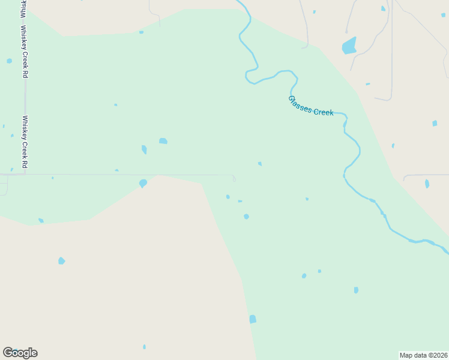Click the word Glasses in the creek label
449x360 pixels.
[x=300, y=104]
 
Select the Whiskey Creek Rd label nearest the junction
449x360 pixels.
[x=25, y=142]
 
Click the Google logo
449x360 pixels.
[x=20, y=353]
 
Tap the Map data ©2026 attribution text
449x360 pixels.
[x=424, y=355]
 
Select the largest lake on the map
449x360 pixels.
[x=349, y=46]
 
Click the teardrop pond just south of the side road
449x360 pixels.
[x=143, y=183]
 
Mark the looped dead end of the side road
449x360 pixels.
[x=234, y=178]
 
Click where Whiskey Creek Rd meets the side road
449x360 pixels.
[x=25, y=175]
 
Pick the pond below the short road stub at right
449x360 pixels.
[x=427, y=184]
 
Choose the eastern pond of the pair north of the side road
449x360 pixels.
[x=163, y=141]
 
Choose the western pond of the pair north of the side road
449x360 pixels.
[x=144, y=149]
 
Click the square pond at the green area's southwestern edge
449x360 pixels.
[x=253, y=319]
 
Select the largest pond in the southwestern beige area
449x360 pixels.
[x=61, y=261]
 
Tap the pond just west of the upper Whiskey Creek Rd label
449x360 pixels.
[x=9, y=61]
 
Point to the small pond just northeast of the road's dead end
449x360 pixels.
[x=260, y=163]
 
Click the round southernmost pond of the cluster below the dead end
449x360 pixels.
[x=246, y=217]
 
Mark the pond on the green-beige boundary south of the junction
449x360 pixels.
[x=41, y=221]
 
